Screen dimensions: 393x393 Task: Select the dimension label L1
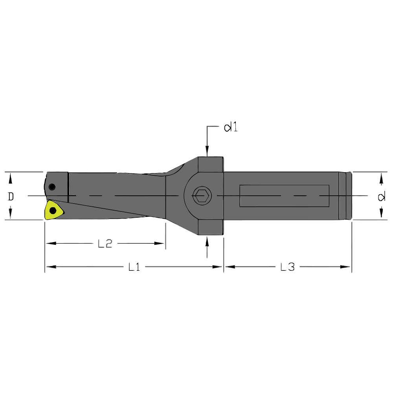pyautogui.click(x=134, y=267)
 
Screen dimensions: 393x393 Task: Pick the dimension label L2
pyautogui.click(x=105, y=244)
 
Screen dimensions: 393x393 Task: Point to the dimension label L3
pyautogui.click(x=287, y=267)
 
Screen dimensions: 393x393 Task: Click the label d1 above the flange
pyautogui.click(x=231, y=128)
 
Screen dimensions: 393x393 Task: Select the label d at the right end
pyautogui.click(x=381, y=196)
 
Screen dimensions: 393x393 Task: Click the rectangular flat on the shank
pyautogui.click(x=284, y=195)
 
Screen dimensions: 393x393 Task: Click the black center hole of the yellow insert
pyautogui.click(x=52, y=211)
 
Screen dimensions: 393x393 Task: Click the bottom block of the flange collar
pyautogui.click(x=210, y=228)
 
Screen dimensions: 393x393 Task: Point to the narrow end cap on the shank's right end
pyautogui.click(x=345, y=195)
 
